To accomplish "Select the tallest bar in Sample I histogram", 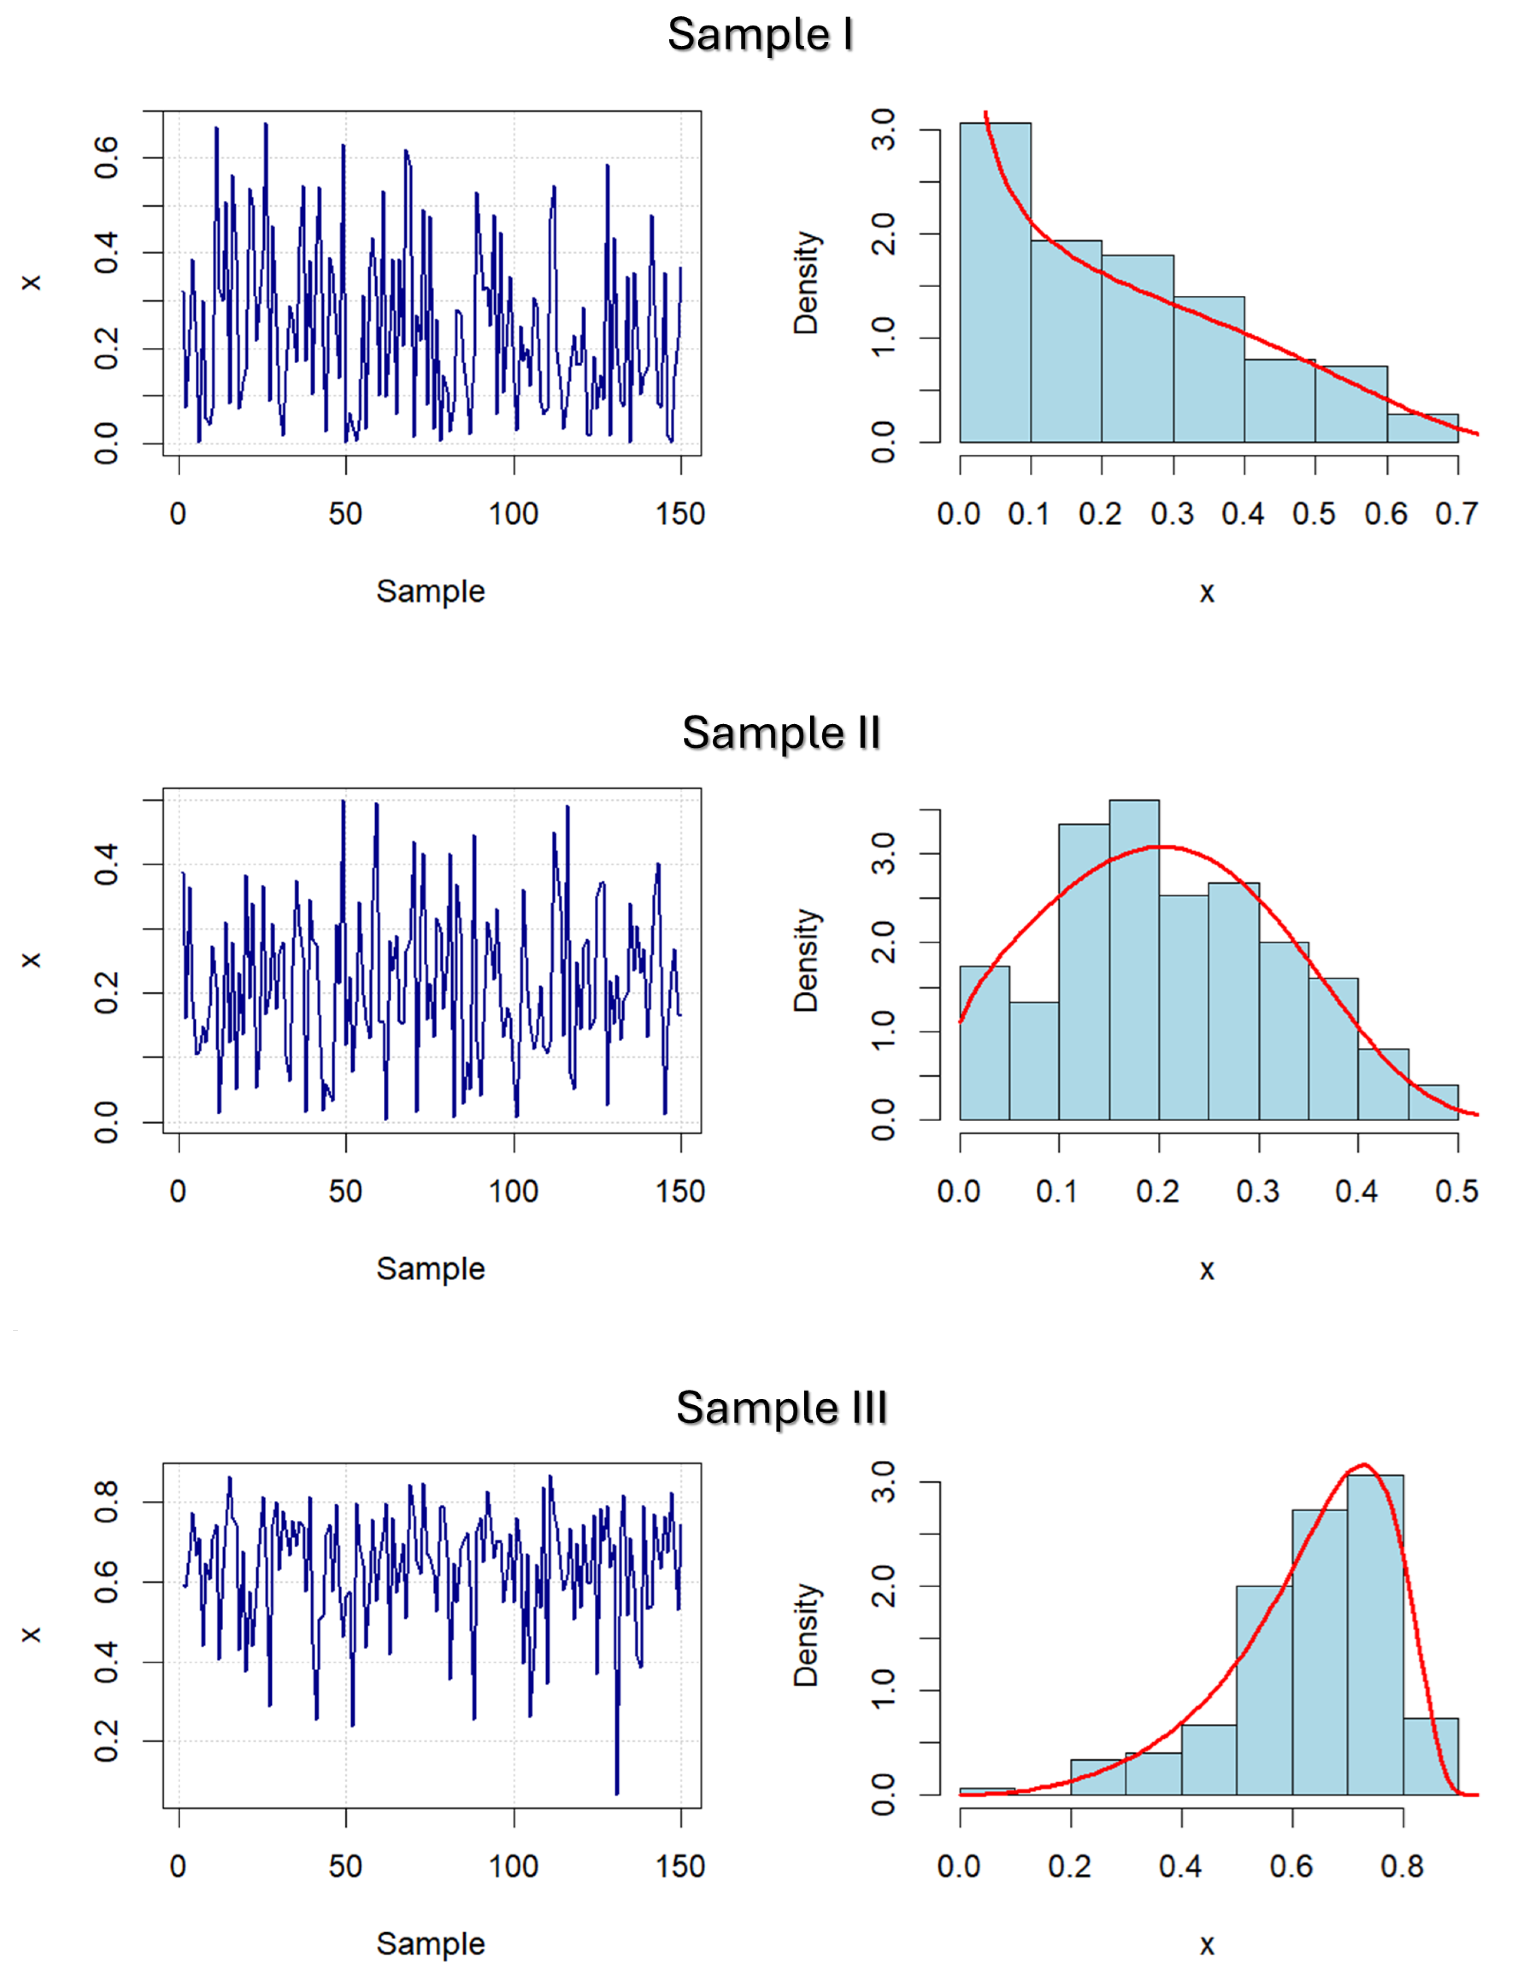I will coord(995,282).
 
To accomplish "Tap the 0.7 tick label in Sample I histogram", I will coord(1456,514).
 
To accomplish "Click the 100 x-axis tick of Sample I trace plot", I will coord(513,514).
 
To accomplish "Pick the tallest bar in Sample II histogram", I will coord(1134,960).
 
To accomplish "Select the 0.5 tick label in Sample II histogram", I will coord(1456,1191).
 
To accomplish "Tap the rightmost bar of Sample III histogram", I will coord(1430,1756).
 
